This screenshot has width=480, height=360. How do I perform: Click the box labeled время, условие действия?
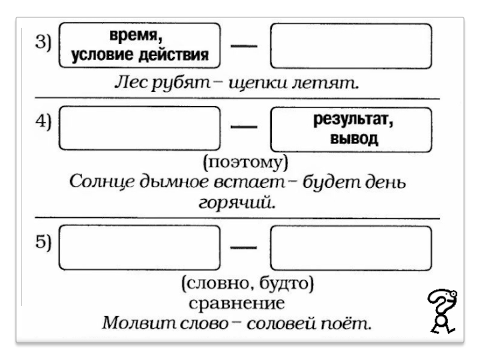(140, 46)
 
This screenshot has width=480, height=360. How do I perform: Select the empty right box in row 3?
(351, 46)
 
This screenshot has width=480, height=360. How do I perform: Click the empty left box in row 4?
(140, 128)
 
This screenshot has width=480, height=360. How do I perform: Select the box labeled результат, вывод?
(351, 129)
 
